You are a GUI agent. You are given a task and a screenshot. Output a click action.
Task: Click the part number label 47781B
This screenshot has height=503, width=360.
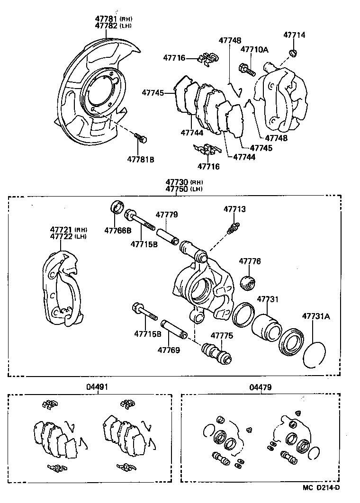click(x=140, y=159)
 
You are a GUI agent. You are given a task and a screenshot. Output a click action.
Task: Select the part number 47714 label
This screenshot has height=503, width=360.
click(x=294, y=35)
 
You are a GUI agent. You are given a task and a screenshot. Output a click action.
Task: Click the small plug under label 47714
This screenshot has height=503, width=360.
click(x=293, y=52)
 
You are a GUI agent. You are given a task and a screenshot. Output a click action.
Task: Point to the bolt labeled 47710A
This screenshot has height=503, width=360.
click(x=247, y=70)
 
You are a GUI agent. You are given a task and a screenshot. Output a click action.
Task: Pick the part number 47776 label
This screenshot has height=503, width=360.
click(x=250, y=261)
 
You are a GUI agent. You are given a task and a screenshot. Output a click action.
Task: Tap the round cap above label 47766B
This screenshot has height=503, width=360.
click(x=117, y=207)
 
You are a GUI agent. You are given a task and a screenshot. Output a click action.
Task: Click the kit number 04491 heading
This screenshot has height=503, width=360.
click(x=97, y=387)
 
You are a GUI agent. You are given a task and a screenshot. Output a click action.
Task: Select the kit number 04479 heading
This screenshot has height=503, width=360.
click(x=261, y=387)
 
